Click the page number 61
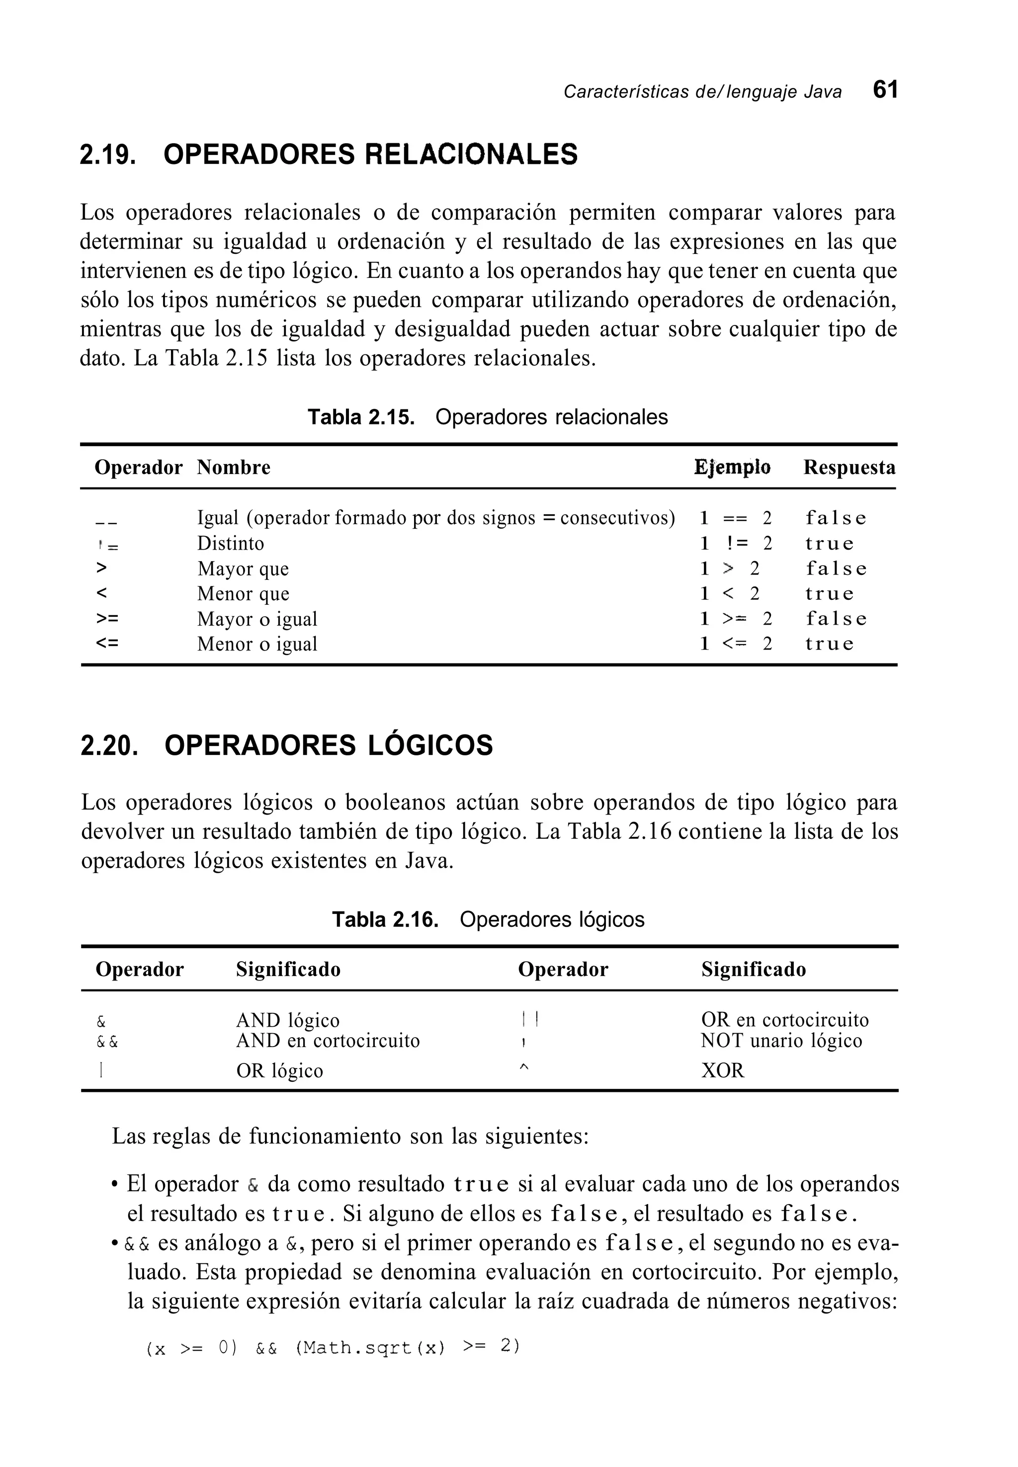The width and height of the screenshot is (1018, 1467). pos(885,90)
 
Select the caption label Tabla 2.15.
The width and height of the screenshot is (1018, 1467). pos(361,417)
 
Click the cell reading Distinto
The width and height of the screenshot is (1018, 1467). pos(230,543)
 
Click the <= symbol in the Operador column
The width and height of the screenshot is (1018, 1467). pos(107,643)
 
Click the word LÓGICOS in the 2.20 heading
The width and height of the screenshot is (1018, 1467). pos(430,745)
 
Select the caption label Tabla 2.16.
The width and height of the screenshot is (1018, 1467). pos(385,919)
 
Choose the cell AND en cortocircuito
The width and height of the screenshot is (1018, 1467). pos(328,1041)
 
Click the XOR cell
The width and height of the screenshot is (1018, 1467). pos(723,1070)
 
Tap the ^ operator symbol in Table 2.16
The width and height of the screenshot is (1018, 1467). pos(524,1068)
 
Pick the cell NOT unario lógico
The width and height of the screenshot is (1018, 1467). pos(781,1041)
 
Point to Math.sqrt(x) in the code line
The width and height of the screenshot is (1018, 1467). pos(370,1348)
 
